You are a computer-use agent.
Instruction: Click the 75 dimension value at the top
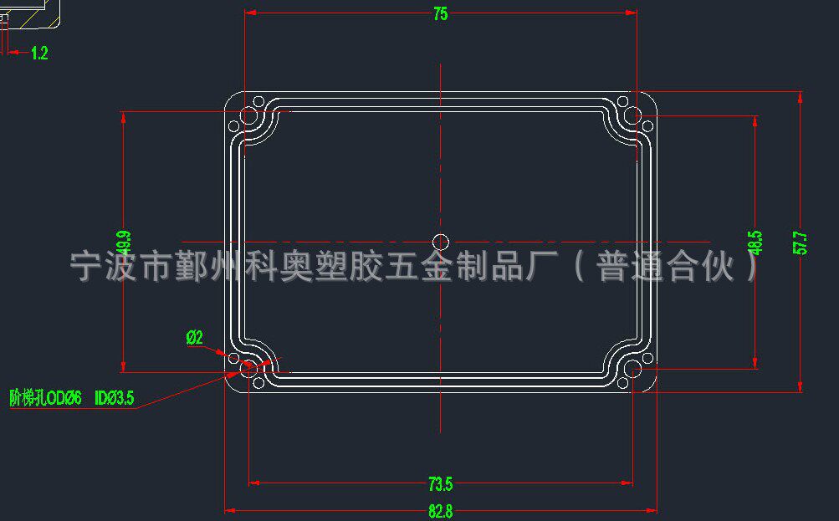(x=440, y=13)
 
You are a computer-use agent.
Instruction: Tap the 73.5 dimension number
(x=440, y=484)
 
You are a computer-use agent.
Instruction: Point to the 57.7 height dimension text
(x=801, y=243)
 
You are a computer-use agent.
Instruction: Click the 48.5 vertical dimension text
(x=756, y=243)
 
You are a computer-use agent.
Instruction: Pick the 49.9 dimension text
(x=124, y=243)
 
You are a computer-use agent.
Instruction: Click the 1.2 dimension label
(x=38, y=54)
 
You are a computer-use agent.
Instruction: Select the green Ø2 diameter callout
(x=194, y=338)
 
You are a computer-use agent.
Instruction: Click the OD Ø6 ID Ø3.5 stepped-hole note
(x=72, y=398)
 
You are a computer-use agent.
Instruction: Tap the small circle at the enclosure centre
(x=441, y=243)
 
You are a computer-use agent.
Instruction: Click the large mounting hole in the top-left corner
(x=248, y=115)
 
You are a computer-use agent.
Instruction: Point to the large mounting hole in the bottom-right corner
(x=633, y=369)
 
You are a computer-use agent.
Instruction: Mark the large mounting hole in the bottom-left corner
(x=248, y=368)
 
